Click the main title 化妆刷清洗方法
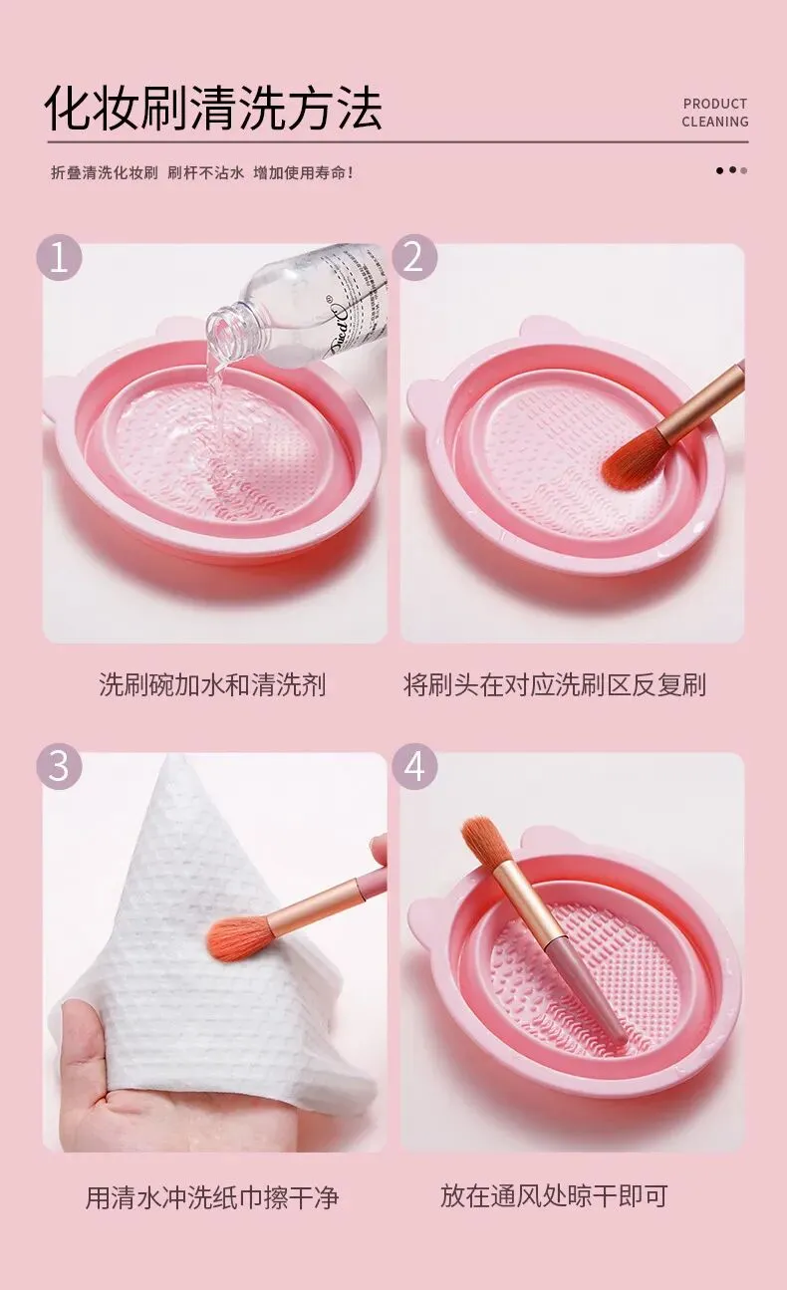[x=213, y=108]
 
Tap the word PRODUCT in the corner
[x=715, y=104]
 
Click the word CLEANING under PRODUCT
[x=715, y=122]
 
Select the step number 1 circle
[x=60, y=257]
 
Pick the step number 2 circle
[x=414, y=257]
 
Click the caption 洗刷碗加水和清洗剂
[x=212, y=684]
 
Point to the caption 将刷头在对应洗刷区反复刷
[x=555, y=684]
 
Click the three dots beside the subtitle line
[x=731, y=170]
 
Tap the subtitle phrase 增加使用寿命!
[x=304, y=172]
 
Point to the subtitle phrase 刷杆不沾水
[x=205, y=172]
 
